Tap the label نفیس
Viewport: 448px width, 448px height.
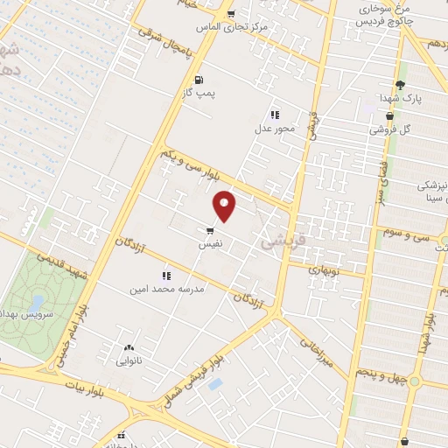(x=210, y=246)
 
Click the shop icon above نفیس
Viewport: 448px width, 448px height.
(x=210, y=231)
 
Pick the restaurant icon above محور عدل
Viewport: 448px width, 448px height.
(x=275, y=115)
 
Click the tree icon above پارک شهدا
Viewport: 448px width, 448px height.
(x=400, y=85)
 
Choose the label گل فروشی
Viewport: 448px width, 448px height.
(x=389, y=129)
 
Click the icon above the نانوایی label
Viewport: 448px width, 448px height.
(x=129, y=346)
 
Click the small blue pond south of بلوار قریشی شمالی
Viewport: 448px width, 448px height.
(x=215, y=384)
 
